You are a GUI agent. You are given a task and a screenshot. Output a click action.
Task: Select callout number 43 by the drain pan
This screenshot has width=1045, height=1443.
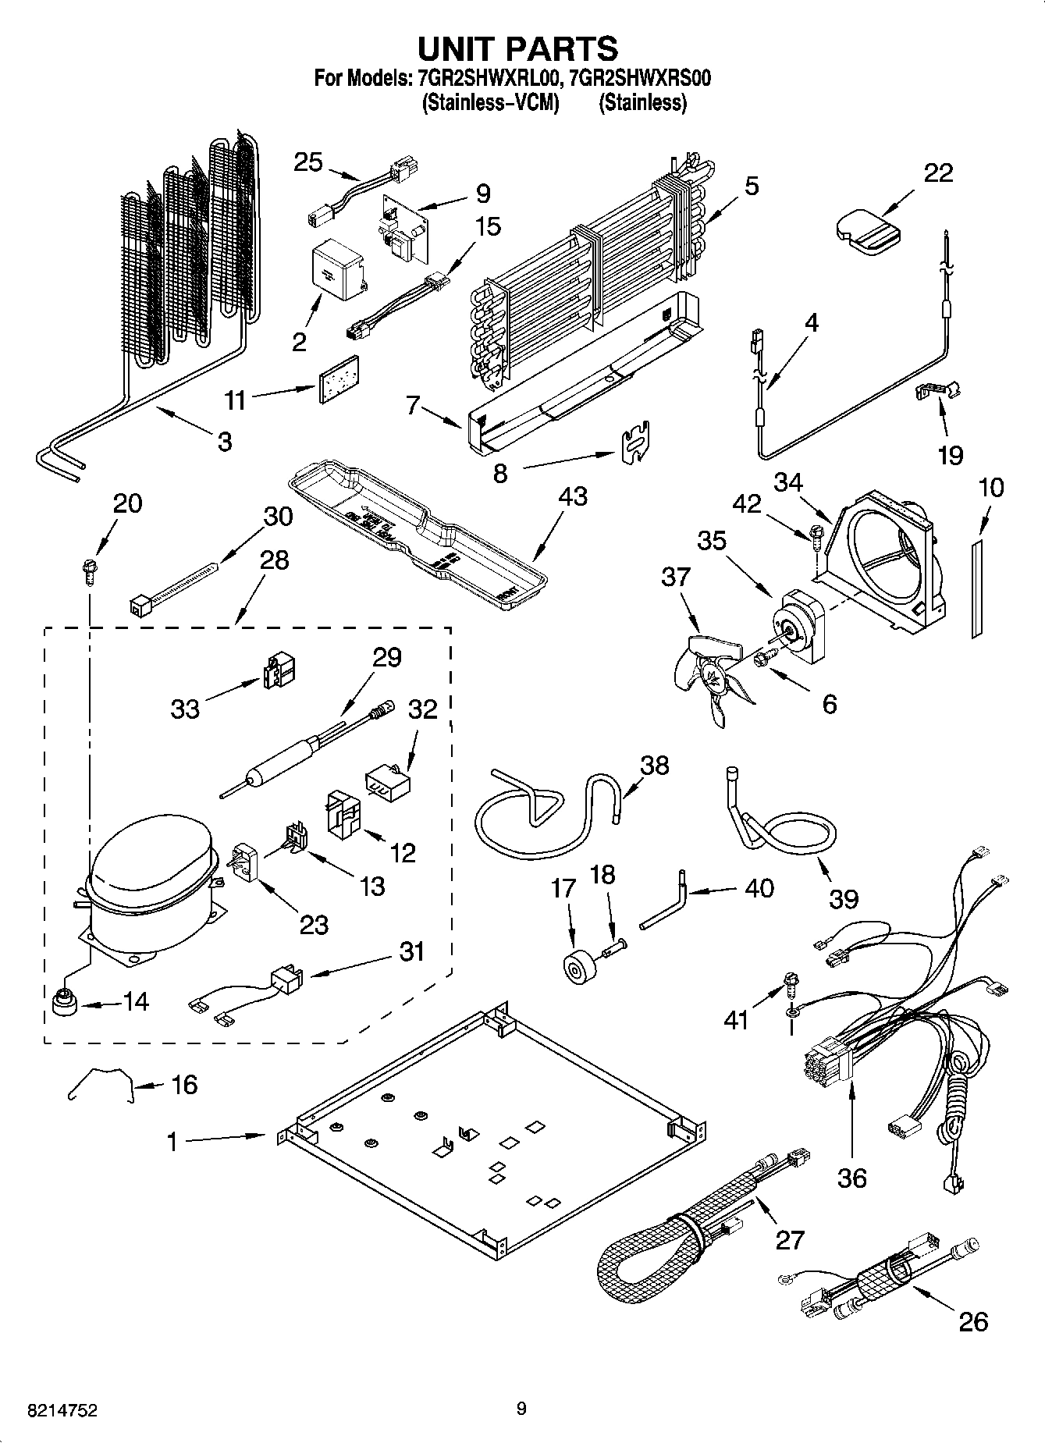(573, 496)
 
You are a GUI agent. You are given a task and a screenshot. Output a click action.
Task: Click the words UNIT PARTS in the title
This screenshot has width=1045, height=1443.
(518, 48)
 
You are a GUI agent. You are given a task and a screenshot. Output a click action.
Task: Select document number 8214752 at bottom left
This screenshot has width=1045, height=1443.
(52, 1411)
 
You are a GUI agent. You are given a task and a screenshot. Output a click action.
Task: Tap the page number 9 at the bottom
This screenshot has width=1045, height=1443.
(521, 1409)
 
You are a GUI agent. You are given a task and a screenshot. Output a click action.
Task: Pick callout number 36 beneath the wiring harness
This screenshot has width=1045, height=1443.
(851, 1178)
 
